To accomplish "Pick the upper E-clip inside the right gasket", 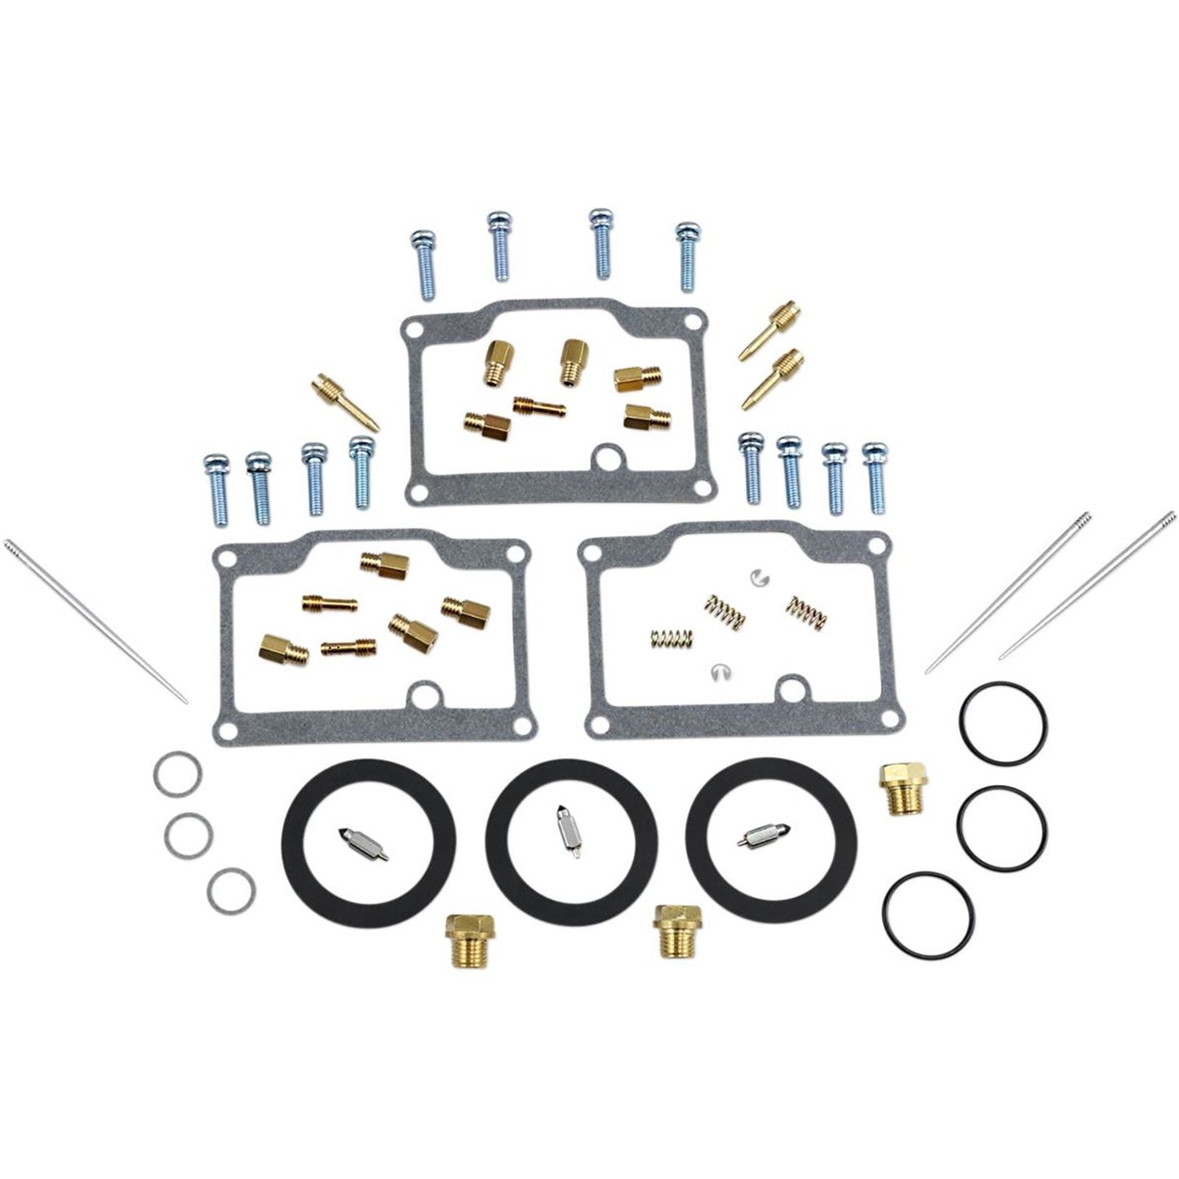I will pos(757,576).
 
